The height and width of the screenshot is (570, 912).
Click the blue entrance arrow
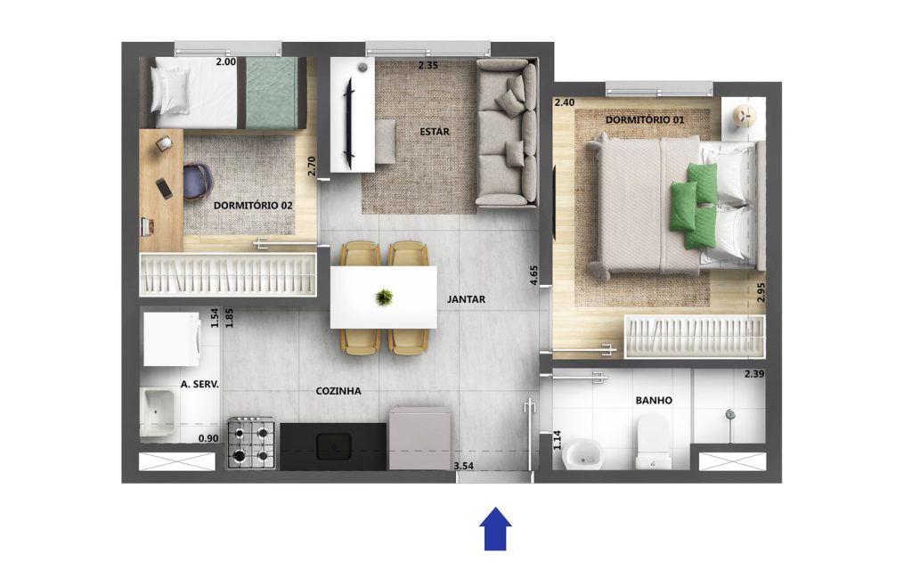495,528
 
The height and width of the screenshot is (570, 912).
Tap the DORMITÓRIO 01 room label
645,120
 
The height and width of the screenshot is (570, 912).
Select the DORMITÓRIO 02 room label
253,206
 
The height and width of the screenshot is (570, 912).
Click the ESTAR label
435,132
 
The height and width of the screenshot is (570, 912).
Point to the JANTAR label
466,299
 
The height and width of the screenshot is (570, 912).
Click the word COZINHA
338,391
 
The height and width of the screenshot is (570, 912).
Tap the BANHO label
654,400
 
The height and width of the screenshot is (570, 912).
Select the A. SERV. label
199,384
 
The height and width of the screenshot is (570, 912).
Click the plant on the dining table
383,297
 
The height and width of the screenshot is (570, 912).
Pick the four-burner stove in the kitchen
250,443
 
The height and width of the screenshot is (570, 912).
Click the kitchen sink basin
333,446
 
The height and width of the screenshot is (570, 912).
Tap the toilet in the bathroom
654,441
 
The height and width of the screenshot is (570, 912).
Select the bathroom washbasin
583,453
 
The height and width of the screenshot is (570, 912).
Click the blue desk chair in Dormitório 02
198,180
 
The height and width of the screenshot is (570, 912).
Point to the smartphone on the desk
164,188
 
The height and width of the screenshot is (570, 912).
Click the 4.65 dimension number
534,275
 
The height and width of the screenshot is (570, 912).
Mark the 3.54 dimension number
463,466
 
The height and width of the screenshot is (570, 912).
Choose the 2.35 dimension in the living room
427,65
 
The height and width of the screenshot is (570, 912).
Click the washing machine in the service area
172,339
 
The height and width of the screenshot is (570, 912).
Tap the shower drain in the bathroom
730,414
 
